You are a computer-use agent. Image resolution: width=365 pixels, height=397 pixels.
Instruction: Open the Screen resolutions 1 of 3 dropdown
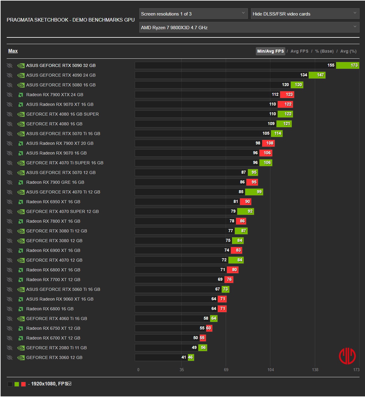[x=193, y=14]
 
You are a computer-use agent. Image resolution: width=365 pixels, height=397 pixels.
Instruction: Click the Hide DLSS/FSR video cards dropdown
[x=305, y=14]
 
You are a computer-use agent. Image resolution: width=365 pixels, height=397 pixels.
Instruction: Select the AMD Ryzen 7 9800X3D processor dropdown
[x=249, y=27]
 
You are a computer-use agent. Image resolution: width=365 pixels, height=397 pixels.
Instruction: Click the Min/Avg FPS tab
[x=270, y=51]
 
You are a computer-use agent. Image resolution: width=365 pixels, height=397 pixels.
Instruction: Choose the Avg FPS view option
[x=299, y=51]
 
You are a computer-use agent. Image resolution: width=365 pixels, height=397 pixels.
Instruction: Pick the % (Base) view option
[x=324, y=51]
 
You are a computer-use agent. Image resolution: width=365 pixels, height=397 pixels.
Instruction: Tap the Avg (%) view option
[x=348, y=51]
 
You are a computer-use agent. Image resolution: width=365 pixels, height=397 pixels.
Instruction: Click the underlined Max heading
[x=13, y=51]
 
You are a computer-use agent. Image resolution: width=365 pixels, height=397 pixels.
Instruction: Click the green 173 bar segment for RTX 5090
[x=347, y=65]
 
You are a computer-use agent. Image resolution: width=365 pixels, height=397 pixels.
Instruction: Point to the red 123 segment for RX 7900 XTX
[x=287, y=94]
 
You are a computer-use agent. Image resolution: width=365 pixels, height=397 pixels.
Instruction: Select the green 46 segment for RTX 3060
[x=191, y=357]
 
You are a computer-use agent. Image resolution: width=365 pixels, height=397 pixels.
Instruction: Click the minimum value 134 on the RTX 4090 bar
[x=304, y=75]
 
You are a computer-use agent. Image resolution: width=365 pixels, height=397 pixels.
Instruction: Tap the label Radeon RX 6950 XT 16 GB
[x=53, y=202]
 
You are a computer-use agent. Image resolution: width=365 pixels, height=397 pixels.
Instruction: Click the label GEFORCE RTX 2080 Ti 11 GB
[x=56, y=348]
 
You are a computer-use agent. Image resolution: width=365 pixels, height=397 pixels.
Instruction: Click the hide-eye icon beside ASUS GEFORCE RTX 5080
[x=9, y=85]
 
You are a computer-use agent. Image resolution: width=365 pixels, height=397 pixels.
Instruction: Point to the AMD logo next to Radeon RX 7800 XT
[x=20, y=221]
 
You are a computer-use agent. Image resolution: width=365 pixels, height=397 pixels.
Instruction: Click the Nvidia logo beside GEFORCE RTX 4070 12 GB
[x=21, y=260]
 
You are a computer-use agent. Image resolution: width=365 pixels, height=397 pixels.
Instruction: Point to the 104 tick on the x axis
[x=270, y=370]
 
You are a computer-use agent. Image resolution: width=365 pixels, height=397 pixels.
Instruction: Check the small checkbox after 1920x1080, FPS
[x=69, y=384]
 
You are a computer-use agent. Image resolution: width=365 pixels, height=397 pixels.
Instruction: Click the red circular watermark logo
[x=347, y=356]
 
